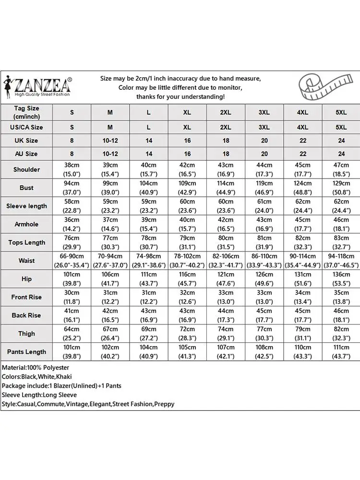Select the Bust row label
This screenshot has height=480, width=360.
point(27,188)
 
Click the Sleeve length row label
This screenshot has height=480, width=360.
point(27,206)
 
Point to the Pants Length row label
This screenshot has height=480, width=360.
point(27,352)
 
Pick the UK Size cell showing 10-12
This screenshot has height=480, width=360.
point(110,141)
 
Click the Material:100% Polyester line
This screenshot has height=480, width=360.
point(36,368)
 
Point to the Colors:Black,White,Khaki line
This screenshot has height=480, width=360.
point(36,377)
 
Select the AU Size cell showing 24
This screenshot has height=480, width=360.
point(341,154)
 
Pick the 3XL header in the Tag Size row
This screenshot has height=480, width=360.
point(264,112)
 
